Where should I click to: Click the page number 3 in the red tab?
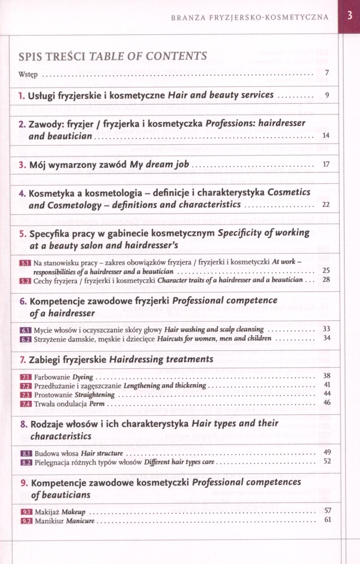click(x=349, y=17)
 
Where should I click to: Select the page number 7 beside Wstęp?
click(x=327, y=73)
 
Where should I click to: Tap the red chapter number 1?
click(x=21, y=96)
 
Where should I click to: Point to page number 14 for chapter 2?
click(x=326, y=136)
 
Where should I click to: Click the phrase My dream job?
click(x=160, y=165)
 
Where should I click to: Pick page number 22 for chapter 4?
click(x=326, y=205)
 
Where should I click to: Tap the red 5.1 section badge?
click(x=25, y=263)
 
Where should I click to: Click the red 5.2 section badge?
click(x=25, y=280)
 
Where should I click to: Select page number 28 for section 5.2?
click(x=326, y=279)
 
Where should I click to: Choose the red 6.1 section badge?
click(x=25, y=329)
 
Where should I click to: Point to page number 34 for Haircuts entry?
click(x=326, y=338)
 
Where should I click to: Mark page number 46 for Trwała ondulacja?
click(x=326, y=403)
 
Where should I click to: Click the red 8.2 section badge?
click(x=25, y=462)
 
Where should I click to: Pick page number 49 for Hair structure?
click(x=326, y=452)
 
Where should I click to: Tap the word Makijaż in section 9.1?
click(x=47, y=512)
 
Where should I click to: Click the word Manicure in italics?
click(x=80, y=521)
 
